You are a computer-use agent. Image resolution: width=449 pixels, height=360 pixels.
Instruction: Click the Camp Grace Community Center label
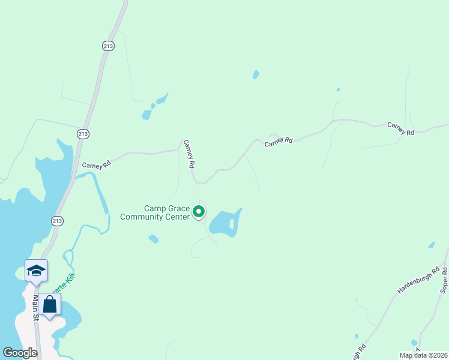[x=154, y=213]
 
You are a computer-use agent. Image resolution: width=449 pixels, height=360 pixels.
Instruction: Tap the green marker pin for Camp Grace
[x=199, y=212]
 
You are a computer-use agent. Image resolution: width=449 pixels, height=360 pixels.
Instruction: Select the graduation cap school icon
[x=36, y=271]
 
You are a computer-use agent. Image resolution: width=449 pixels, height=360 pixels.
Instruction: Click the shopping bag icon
[x=50, y=305]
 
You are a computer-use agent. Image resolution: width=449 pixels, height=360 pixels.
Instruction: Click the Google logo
[x=20, y=353]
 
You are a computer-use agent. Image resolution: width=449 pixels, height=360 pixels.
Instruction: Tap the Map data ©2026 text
[x=423, y=355]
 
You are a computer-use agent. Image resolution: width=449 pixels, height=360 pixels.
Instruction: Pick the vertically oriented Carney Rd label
[x=190, y=154]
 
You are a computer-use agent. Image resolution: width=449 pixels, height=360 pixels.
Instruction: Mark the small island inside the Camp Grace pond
[x=232, y=224]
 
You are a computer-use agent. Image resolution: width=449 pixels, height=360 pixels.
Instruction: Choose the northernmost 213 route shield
[x=108, y=46]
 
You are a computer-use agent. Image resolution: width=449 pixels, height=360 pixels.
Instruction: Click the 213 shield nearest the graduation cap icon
[x=57, y=221]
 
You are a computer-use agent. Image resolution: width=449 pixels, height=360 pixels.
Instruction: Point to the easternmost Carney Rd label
[x=401, y=128]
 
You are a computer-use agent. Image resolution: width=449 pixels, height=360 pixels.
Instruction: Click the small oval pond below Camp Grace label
[x=154, y=239]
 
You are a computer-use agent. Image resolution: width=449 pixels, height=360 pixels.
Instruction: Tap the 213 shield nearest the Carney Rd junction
[x=83, y=133]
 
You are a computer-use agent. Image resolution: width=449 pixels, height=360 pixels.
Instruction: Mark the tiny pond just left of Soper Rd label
[x=431, y=245]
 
